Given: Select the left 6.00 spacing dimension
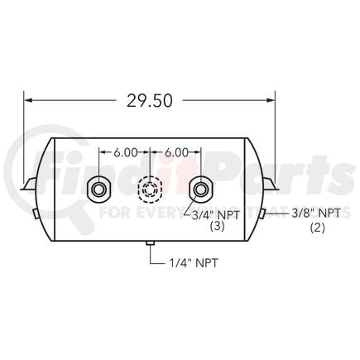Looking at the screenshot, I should (x=125, y=153).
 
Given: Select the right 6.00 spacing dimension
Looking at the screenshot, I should (x=175, y=153).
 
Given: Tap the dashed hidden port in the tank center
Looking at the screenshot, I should (x=150, y=190).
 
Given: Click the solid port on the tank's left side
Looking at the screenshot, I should (x=99, y=190).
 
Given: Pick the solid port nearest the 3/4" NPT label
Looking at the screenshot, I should (x=200, y=190).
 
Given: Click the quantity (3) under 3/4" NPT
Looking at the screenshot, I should (x=217, y=225).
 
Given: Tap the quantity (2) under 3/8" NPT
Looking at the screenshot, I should (x=317, y=225).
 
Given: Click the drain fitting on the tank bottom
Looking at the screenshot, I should (x=150, y=244).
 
